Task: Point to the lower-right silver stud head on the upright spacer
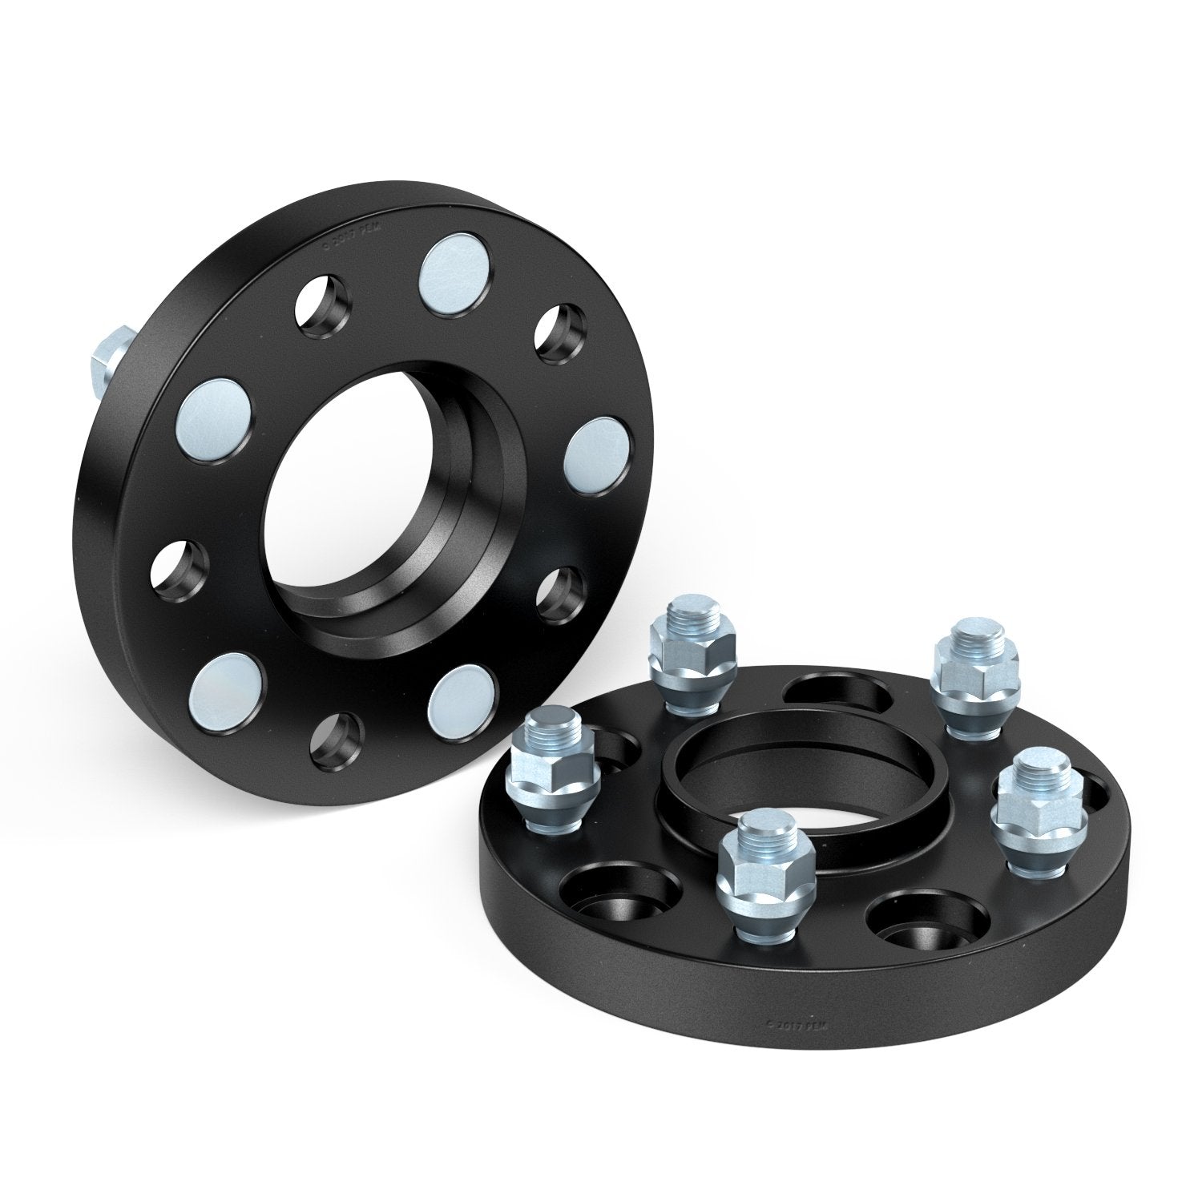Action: click(x=460, y=693)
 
